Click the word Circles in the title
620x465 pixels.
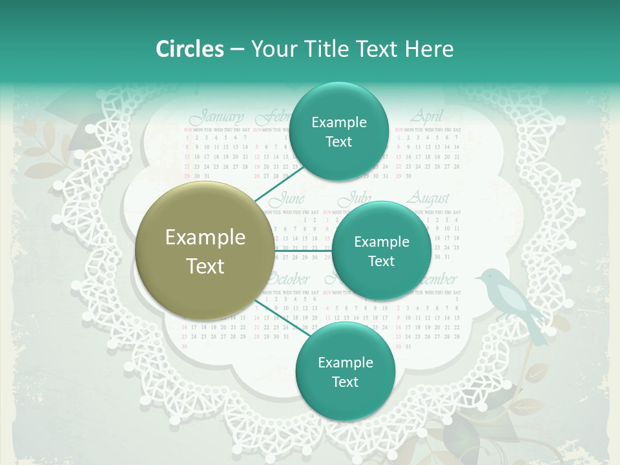[189, 49]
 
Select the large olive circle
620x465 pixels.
[205, 251]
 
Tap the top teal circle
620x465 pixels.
[338, 132]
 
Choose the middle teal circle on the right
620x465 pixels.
[381, 251]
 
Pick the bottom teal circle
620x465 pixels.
[345, 372]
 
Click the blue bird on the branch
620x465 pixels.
[507, 297]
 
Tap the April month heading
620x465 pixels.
[427, 117]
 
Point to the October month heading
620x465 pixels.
[287, 280]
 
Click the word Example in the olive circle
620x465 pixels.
[205, 238]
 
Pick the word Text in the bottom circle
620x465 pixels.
[345, 382]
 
